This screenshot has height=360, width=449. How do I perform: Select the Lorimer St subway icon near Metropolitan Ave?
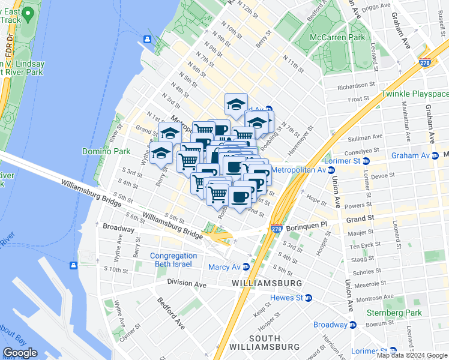point(366,161)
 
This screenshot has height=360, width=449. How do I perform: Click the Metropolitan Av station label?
point(298,170)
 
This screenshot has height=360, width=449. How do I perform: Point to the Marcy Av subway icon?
point(246,267)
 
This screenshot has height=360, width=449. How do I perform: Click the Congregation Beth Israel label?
point(173,260)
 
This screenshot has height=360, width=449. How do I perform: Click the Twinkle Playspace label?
point(415,94)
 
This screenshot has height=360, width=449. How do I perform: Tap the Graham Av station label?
point(411,155)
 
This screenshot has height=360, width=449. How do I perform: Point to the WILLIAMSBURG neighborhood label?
point(267,283)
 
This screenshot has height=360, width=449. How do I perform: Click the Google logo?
point(21,353)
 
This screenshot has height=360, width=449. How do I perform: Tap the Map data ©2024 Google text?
point(412,355)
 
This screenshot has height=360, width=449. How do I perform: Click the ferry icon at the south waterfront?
point(73,265)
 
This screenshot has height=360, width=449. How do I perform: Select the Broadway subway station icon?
point(352,325)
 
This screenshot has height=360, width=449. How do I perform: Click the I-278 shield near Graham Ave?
point(426,62)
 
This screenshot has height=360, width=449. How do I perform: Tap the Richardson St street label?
point(356,86)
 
